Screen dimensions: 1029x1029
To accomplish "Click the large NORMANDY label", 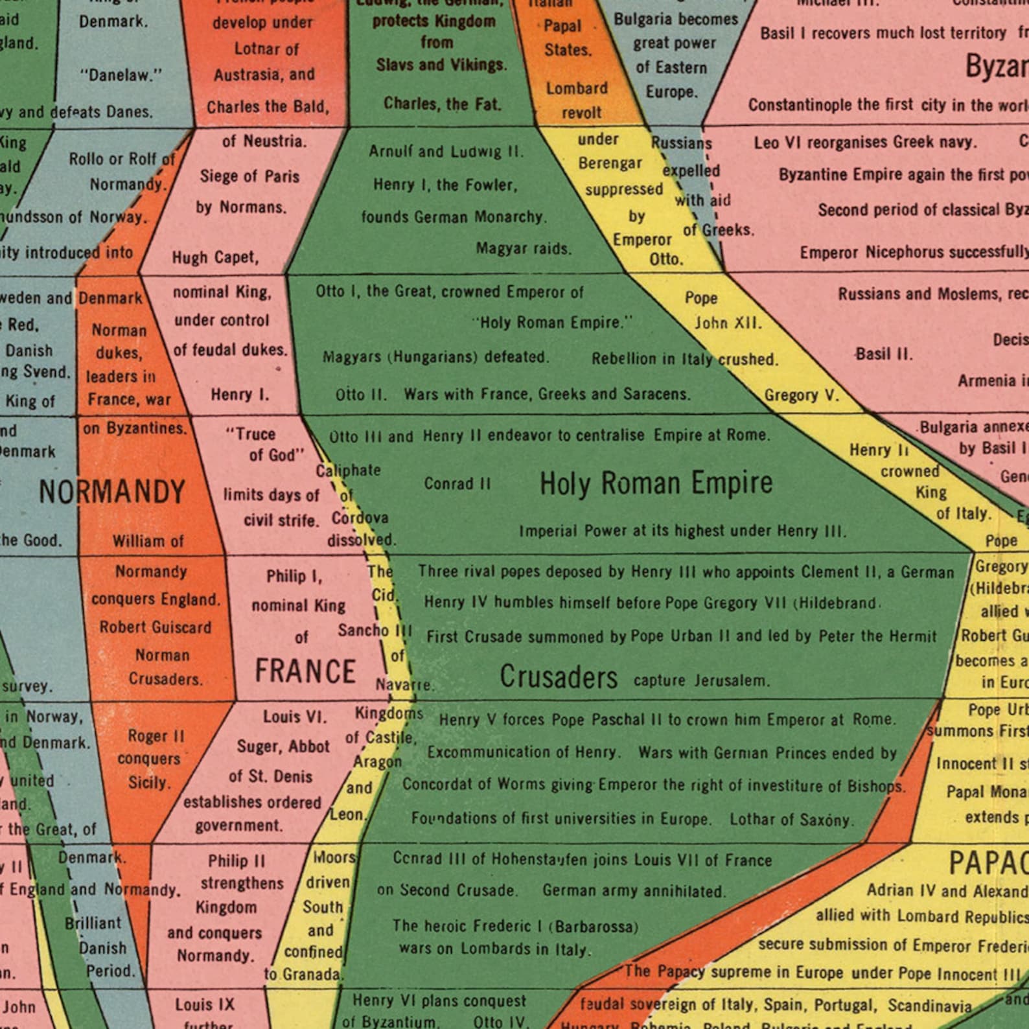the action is pos(112,492).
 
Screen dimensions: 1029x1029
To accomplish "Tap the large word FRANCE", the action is pos(305,671).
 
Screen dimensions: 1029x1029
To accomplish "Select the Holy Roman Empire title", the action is pos(656,483).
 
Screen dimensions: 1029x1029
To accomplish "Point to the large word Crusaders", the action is pos(559,678).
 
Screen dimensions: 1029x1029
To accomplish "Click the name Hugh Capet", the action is pos(215,258).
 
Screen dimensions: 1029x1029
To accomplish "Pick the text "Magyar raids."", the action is pos(524,249).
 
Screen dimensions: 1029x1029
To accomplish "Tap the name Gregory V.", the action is pos(802,395).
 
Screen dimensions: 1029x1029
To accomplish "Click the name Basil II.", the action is pos(884,354).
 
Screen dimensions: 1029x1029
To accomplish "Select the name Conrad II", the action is pos(457,484).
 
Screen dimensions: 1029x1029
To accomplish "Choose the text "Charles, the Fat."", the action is pos(443,104).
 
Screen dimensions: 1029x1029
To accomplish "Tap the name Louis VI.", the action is pos(295,717).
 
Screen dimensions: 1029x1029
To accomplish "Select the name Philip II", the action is pos(237,861).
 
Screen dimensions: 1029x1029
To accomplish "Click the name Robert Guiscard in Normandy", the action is pos(155,627).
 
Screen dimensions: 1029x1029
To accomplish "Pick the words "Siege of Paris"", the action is pos(249,176).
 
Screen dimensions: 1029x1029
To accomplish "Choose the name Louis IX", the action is pos(204,1005).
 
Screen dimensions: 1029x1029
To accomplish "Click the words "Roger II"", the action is pos(156,737).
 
